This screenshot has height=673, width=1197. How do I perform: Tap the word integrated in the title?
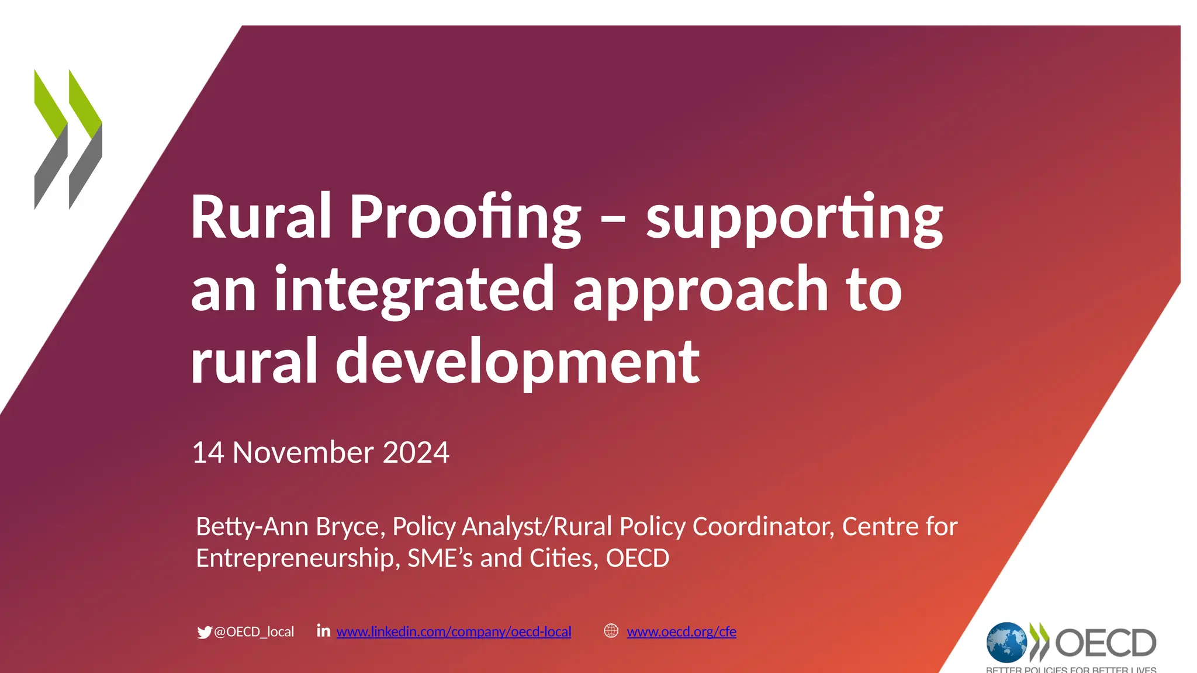pos(414,289)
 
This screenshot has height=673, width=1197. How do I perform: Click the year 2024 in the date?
pos(416,452)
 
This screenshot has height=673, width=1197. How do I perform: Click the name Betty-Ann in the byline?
pos(252,526)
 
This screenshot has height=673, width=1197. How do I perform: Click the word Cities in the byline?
pos(561,558)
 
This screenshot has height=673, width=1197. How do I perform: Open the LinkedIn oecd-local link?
pos(454,632)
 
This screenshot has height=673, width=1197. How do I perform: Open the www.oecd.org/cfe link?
pos(681,632)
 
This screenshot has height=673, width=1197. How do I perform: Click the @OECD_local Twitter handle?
pos(254,632)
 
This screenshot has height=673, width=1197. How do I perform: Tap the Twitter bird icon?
pos(204,632)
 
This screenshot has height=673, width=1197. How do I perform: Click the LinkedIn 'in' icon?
pos(323,630)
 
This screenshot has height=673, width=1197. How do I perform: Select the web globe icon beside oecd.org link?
pos(611,631)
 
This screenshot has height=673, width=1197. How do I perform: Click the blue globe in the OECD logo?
pos(1006,643)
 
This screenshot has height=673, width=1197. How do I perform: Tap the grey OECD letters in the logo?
pos(1105,643)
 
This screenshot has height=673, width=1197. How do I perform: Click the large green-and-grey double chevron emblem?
pos(68,139)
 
